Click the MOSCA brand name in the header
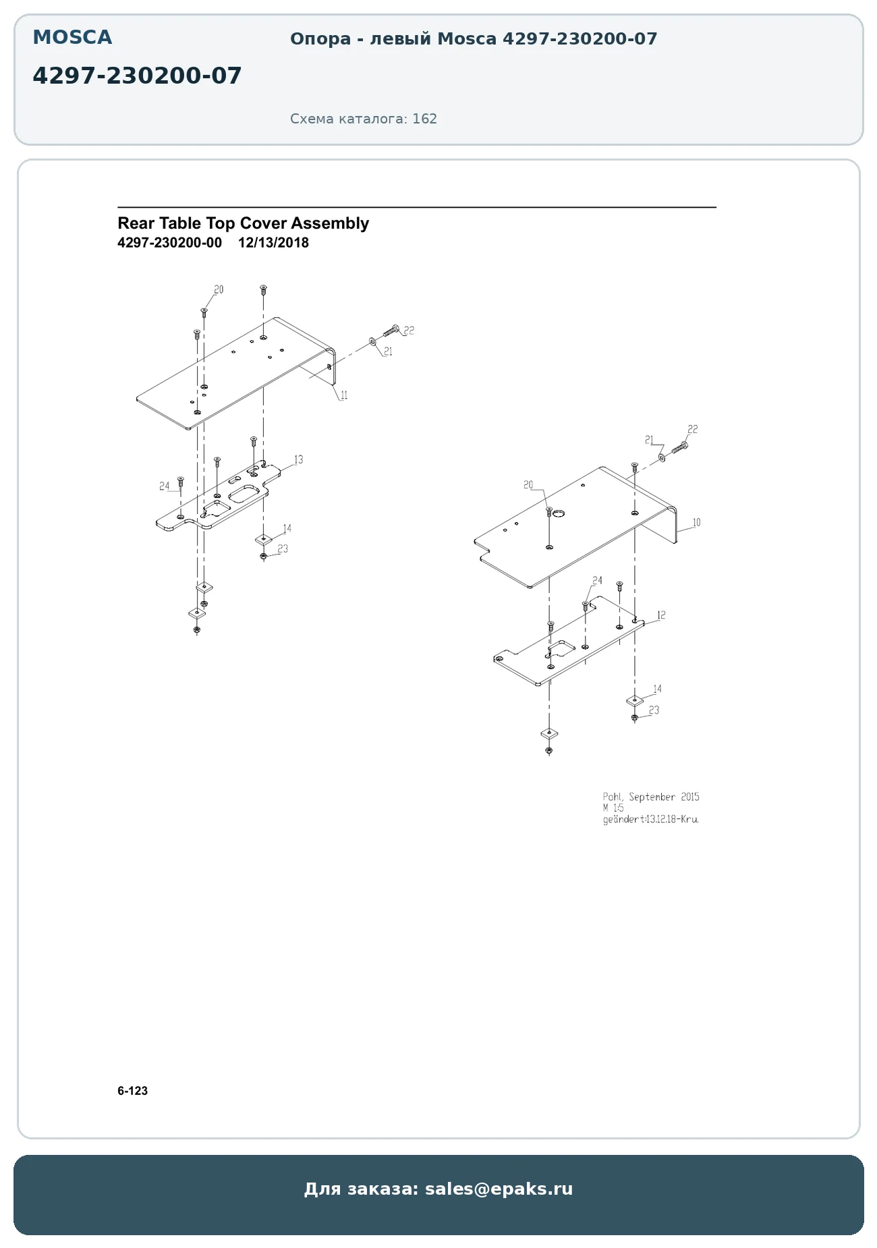(72, 38)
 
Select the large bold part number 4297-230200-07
(137, 76)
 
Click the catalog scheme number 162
(424, 119)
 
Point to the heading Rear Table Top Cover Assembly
(243, 223)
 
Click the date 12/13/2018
(273, 243)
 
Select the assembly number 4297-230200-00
(169, 243)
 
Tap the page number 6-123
(132, 1091)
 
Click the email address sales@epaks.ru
(499, 1189)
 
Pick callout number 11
(344, 395)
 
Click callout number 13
(298, 459)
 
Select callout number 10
(696, 522)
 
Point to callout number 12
(661, 615)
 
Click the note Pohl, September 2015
(651, 797)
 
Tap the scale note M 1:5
(613, 807)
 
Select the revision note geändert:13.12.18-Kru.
(650, 820)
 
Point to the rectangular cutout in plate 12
(561, 650)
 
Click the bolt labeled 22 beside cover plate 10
(679, 446)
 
